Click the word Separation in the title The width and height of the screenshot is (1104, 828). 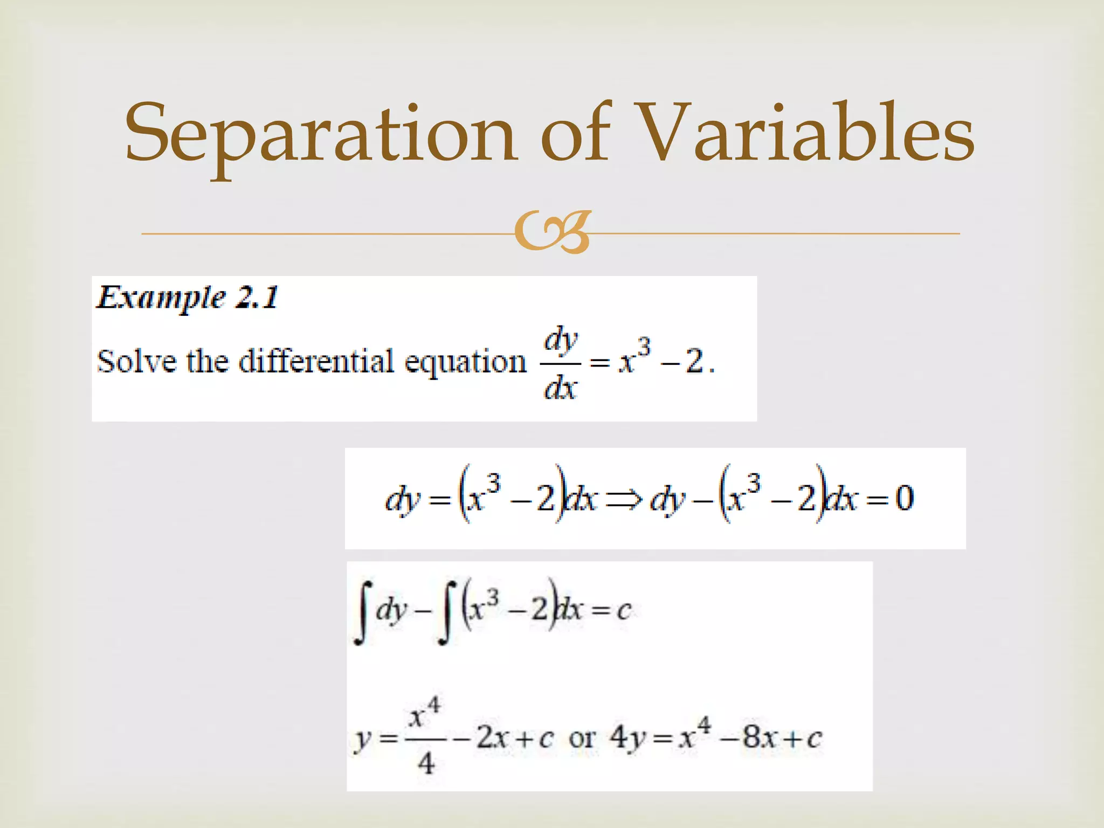pos(321,134)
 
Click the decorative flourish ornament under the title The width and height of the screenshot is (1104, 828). pos(552,233)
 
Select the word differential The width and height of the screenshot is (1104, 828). pos(316,361)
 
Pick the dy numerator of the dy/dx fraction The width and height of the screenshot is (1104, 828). pos(561,341)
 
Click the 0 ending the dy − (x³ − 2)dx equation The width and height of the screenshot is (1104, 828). pos(905,498)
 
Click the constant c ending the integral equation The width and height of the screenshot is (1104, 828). pos(623,610)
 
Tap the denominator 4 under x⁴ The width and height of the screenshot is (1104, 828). pos(426,763)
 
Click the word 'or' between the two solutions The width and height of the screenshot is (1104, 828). pos(582,738)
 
